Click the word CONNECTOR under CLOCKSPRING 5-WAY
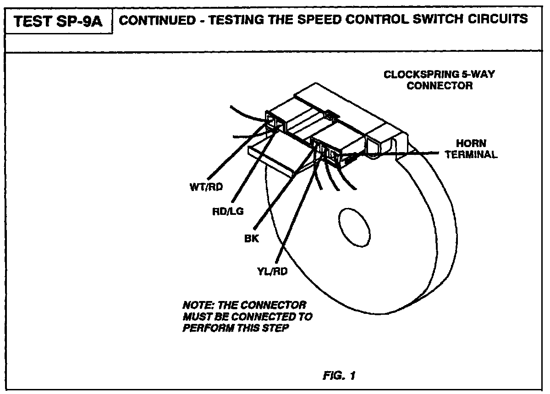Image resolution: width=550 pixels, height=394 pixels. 440,86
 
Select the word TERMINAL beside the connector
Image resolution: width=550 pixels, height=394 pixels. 471,154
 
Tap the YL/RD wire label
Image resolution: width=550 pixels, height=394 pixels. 272,271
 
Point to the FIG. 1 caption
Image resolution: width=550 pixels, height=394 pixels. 339,376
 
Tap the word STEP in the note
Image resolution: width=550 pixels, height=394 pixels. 278,328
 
